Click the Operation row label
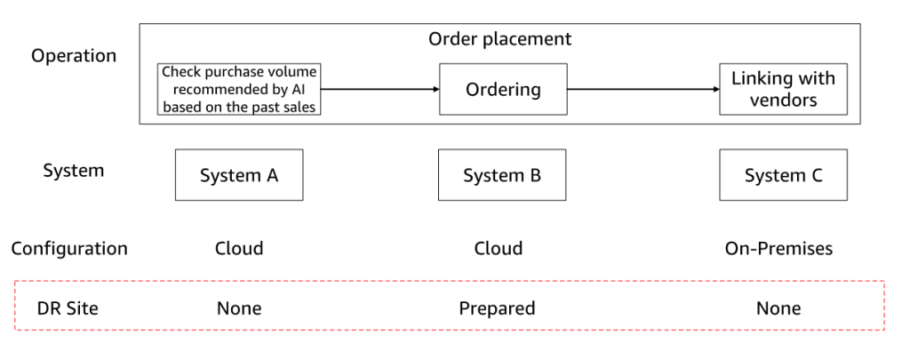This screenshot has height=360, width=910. coord(74,56)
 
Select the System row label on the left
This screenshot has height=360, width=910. coord(74,170)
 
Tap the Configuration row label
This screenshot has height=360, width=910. coord(69,248)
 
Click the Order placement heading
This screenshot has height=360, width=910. coord(499,39)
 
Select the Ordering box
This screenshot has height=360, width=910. coord(503,89)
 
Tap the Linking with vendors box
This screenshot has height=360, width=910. coord(783,89)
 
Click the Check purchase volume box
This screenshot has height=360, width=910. coord(239,89)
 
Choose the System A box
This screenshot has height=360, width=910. coord(239,175)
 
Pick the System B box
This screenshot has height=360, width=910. coord(502,175)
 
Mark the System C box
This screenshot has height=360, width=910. coord(783,175)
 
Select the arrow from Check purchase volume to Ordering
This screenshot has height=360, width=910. coord(379,89)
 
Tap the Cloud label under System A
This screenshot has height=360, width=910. coord(239,248)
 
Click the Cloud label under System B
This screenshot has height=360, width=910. coord(498,248)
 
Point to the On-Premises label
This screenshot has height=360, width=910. coord(778,248)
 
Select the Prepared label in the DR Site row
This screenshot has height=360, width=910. coord(497,308)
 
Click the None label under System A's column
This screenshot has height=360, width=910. coord(239,308)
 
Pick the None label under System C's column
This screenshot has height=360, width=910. coord(778,308)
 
